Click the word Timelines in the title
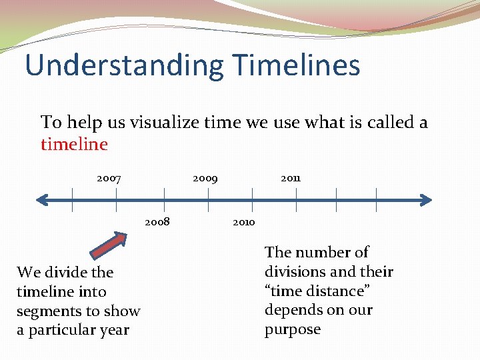pyautogui.click(x=297, y=65)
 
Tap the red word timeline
pyautogui.click(x=74, y=144)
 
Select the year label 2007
pyautogui.click(x=109, y=179)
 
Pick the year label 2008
pyautogui.click(x=157, y=222)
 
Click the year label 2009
pyautogui.click(x=205, y=179)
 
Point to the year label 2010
pyautogui.click(x=243, y=222)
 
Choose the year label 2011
pyautogui.click(x=291, y=179)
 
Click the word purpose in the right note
pyautogui.click(x=293, y=330)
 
